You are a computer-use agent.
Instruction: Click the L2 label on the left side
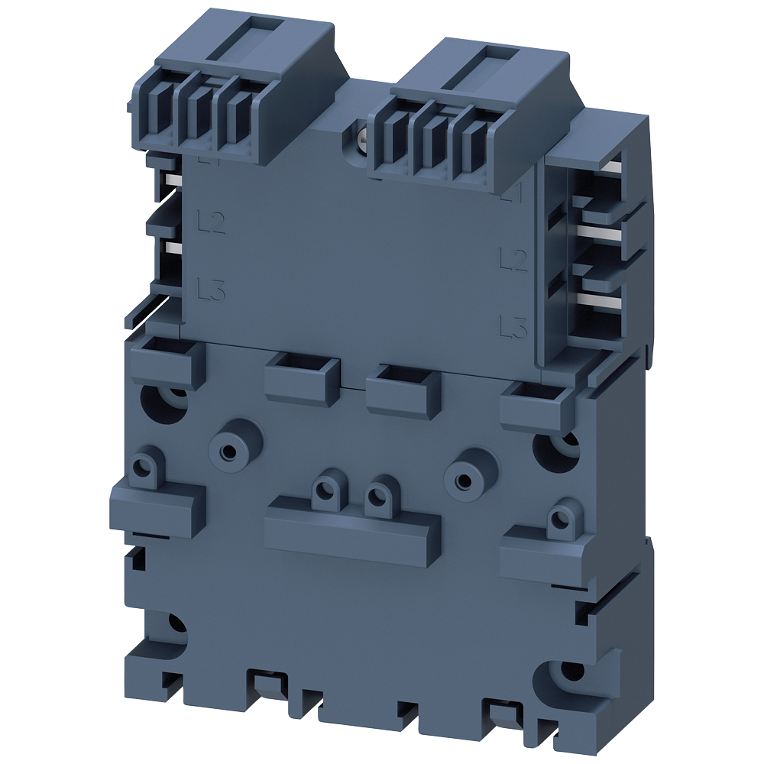pos(211,222)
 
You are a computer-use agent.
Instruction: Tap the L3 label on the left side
pos(211,290)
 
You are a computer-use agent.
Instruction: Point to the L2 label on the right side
pos(513,261)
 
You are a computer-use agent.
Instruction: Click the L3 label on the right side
pos(513,327)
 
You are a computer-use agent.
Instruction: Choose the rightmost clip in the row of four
pos(534,403)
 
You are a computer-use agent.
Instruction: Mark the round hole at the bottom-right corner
pos(568,672)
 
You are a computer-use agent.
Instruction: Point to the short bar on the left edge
pos(157,504)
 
